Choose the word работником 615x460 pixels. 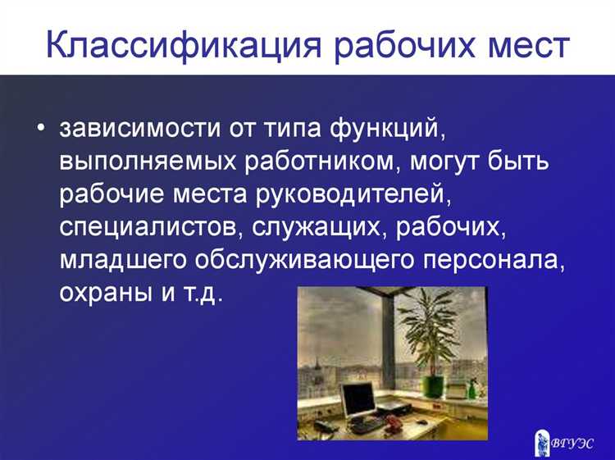314,162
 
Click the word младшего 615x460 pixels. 122,261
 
